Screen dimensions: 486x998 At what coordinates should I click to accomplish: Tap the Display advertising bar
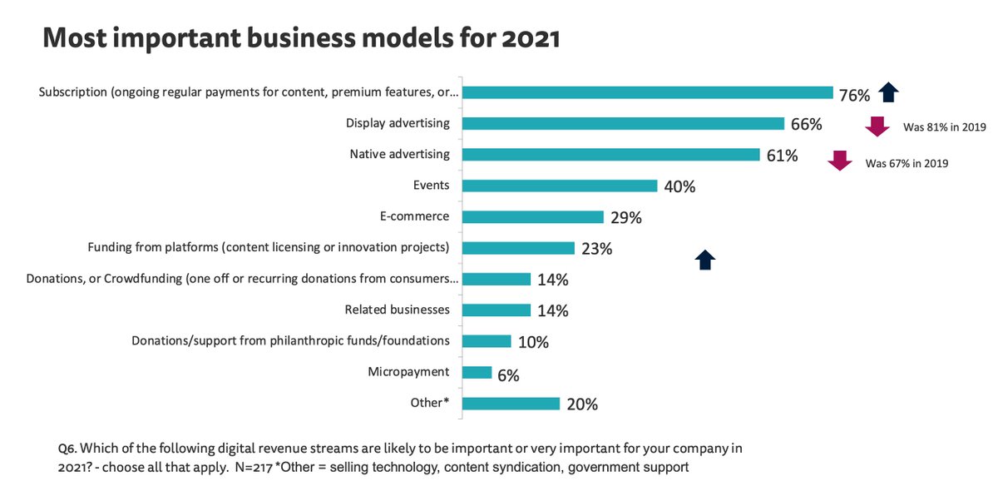click(x=623, y=123)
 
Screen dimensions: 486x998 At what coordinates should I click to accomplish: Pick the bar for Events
click(x=559, y=186)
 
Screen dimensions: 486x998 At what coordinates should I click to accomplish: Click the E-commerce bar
click(x=532, y=216)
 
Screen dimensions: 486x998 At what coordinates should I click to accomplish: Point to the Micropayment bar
click(x=477, y=372)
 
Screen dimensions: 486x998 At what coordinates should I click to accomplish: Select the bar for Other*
click(x=511, y=404)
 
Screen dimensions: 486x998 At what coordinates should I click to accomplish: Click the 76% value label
click(x=854, y=95)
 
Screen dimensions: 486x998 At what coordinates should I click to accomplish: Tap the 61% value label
click(x=782, y=156)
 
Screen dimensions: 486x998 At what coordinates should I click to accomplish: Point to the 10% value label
click(x=533, y=343)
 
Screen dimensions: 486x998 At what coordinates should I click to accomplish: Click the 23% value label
click(x=597, y=249)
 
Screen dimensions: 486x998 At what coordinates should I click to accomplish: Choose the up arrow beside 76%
click(x=889, y=92)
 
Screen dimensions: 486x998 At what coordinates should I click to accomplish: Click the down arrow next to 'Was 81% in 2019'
click(x=877, y=126)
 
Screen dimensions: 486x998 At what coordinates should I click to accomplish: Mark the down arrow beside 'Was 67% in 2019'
click(x=841, y=161)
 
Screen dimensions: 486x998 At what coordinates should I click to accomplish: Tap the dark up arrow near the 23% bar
click(x=705, y=260)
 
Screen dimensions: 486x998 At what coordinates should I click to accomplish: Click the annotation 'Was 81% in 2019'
click(x=944, y=129)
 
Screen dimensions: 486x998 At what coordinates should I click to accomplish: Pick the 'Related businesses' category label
click(x=397, y=310)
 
